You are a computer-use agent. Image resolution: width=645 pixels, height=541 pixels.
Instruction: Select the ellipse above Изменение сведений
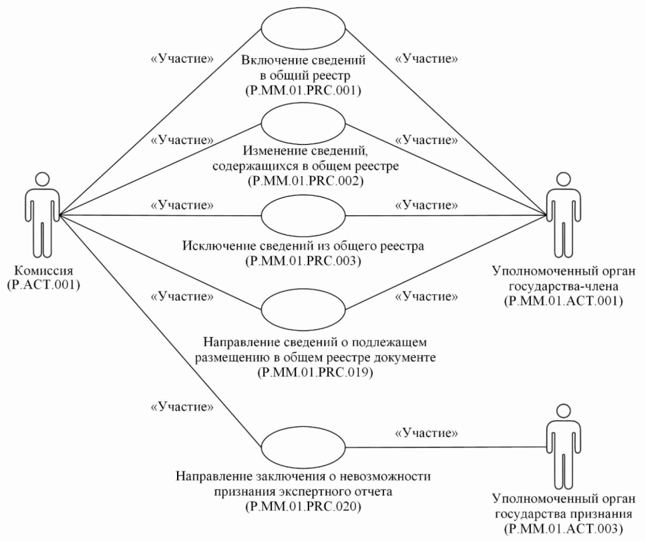pyautogui.click(x=303, y=122)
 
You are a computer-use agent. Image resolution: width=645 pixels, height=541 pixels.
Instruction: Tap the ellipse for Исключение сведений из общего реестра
pyautogui.click(x=303, y=215)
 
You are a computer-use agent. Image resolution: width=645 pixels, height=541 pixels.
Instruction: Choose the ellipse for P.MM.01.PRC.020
pyautogui.click(x=303, y=447)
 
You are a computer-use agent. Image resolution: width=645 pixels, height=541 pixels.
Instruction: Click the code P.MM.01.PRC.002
pyautogui.click(x=303, y=180)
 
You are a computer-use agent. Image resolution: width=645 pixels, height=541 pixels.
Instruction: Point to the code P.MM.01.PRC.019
pyautogui.click(x=303, y=373)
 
